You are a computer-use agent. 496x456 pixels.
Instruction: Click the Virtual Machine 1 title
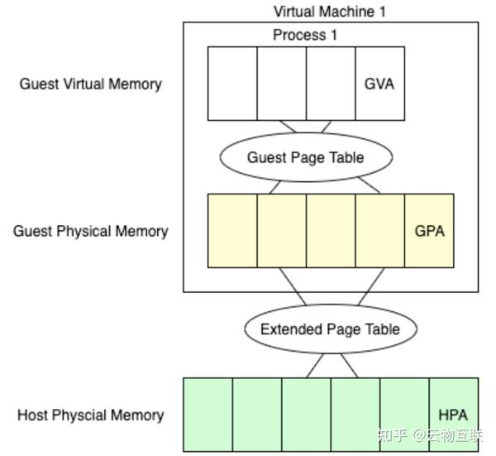[x=329, y=12]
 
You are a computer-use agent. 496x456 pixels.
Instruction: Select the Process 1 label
[x=305, y=35]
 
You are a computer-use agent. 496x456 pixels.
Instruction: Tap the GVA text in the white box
[x=379, y=84]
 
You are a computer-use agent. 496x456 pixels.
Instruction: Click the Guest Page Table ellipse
[x=306, y=157]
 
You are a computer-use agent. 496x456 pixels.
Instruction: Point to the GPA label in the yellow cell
[x=430, y=231]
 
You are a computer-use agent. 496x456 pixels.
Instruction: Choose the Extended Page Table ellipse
[x=331, y=329]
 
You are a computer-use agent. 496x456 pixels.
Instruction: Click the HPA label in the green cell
[x=453, y=415]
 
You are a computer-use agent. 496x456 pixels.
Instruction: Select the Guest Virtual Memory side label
[x=91, y=84]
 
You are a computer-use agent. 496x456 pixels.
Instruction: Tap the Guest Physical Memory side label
[x=91, y=232]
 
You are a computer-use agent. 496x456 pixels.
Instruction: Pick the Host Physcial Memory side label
[x=91, y=415]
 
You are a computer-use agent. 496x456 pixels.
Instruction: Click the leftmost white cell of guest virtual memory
[x=232, y=84]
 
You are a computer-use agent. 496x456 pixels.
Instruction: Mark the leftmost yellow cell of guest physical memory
[x=232, y=231]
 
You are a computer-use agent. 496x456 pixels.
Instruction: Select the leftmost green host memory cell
[x=207, y=415]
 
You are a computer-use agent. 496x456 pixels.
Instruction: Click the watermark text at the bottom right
[x=430, y=436]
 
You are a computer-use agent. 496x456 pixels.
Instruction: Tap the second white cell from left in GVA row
[x=282, y=84]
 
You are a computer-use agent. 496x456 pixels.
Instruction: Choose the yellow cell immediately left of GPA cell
[x=380, y=231]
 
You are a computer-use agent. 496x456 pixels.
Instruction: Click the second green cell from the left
[x=257, y=415]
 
